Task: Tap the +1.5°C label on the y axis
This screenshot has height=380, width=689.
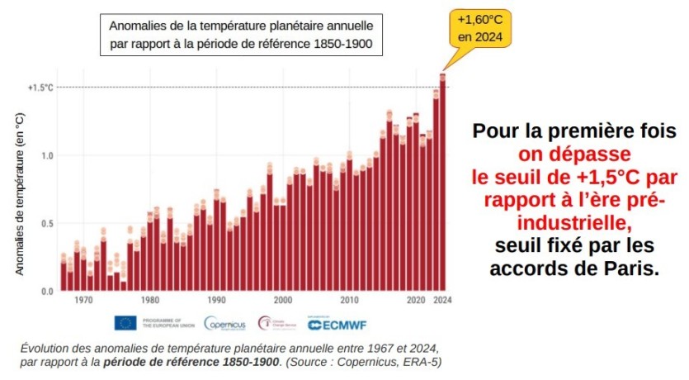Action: click(41, 88)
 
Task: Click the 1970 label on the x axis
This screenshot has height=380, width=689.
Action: click(83, 301)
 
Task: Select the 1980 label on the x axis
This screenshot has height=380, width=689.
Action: click(149, 301)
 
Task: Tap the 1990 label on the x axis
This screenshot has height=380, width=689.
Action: click(216, 301)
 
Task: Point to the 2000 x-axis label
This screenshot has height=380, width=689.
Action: click(283, 301)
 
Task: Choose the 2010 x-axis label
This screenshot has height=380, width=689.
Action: click(350, 301)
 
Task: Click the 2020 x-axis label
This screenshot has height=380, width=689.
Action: click(417, 301)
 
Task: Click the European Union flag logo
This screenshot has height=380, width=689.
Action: click(125, 323)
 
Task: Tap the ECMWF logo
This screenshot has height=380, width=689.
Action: click(331, 323)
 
